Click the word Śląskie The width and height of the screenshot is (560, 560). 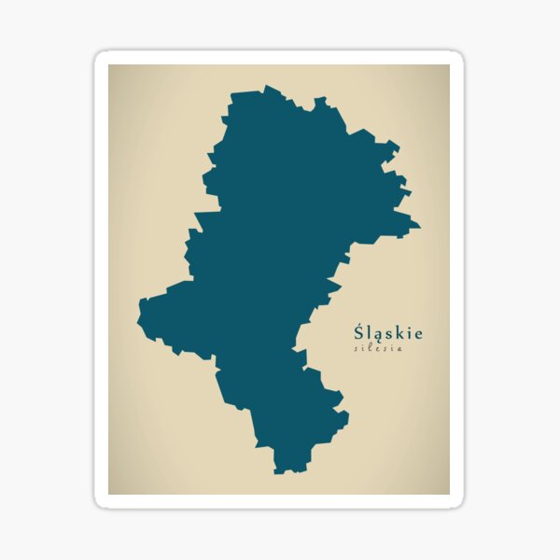[388, 332]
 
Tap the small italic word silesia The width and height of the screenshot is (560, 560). [378, 349]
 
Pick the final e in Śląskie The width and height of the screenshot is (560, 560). [418, 333]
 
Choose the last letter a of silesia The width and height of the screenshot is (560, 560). [400, 349]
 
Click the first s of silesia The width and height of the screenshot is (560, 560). [357, 349]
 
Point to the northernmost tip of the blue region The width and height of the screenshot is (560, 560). [265, 87]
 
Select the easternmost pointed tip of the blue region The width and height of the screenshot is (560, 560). [420, 225]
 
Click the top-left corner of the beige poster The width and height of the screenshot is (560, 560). [109, 65]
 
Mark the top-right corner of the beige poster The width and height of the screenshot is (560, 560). [449, 65]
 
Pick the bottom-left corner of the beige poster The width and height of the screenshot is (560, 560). [109, 494]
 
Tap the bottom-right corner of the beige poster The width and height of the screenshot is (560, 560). [449, 494]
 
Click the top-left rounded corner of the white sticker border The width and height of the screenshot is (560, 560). [99, 55]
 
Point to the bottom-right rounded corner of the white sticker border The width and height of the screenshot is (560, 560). [459, 504]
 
